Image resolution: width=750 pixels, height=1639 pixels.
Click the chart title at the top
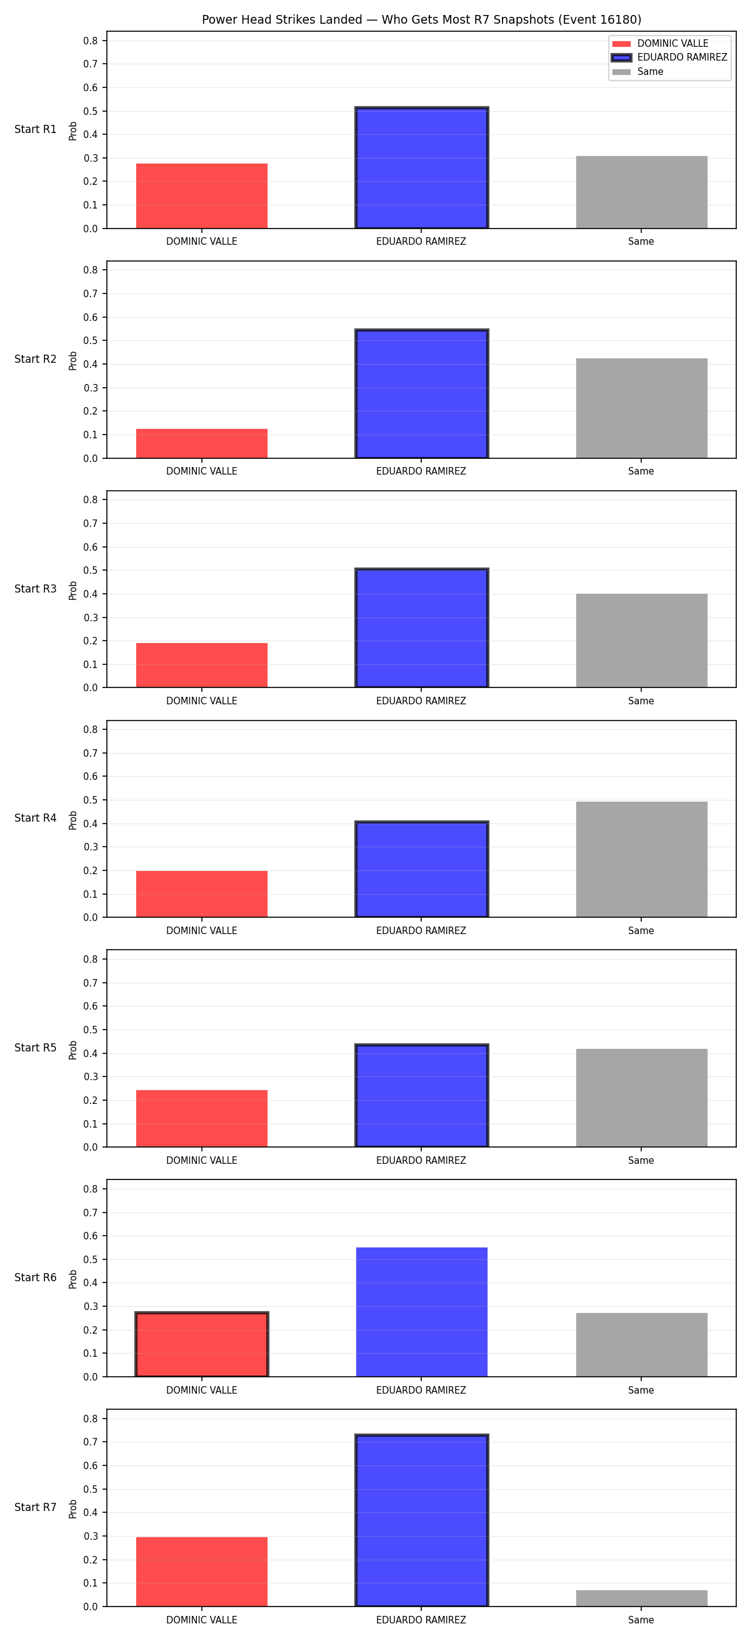(421, 20)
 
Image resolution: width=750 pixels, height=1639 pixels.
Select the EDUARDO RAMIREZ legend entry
(669, 57)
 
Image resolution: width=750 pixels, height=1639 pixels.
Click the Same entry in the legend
(637, 72)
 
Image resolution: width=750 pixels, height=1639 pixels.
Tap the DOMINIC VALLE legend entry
(660, 43)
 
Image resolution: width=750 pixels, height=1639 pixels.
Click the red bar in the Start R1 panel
(202, 196)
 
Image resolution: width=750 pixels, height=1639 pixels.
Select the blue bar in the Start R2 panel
(421, 394)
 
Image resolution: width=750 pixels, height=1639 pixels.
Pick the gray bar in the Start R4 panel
(642, 859)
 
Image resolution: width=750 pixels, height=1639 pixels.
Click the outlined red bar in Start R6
(202, 1344)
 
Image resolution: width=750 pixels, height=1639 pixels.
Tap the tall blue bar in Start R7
(421, 1520)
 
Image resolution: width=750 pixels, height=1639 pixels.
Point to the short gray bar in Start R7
(642, 1598)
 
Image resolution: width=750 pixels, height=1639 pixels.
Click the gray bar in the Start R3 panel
(642, 641)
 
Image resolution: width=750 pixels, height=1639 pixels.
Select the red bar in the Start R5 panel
(202, 1118)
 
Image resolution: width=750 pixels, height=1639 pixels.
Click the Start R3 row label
(36, 589)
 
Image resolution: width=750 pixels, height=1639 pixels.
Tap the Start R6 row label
(36, 1277)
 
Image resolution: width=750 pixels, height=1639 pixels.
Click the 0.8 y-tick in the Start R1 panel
(91, 41)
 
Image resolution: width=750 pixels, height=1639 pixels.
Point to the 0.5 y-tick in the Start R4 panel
(91, 800)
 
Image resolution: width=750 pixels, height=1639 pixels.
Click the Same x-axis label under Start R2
(641, 471)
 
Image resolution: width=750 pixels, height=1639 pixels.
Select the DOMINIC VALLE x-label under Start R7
(202, 1620)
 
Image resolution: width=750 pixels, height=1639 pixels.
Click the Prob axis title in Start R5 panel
(72, 1050)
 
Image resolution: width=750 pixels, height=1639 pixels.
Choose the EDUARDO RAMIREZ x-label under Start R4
(421, 931)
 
